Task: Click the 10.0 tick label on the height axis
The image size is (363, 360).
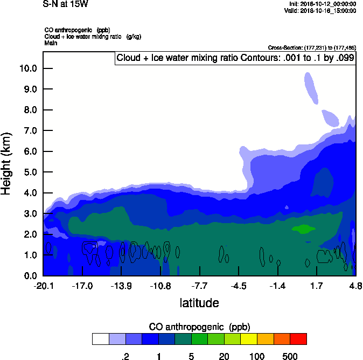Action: (x=27, y=68)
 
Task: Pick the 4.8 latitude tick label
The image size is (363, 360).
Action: (x=355, y=286)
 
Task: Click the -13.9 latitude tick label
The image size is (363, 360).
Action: (x=121, y=286)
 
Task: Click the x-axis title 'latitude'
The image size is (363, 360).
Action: (x=199, y=303)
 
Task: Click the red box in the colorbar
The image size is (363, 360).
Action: (x=298, y=339)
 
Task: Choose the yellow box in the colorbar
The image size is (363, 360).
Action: (x=248, y=339)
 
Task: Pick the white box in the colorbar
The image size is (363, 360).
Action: (x=100, y=339)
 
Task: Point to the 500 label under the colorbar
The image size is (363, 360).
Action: (x=290, y=356)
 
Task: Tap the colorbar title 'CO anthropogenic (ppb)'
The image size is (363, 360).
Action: (x=199, y=327)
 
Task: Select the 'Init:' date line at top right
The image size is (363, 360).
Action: (x=322, y=4)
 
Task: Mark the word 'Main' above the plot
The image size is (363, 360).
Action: (x=50, y=43)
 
